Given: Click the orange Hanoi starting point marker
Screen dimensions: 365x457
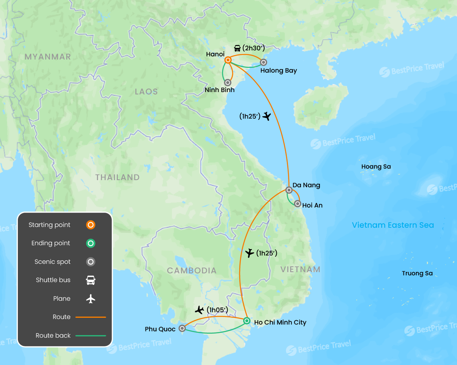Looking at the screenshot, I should (228, 60).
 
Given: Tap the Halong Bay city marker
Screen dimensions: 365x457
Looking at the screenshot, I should (263, 62).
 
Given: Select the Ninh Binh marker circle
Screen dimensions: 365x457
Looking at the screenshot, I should (228, 83).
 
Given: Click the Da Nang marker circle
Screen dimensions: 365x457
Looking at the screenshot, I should (289, 190).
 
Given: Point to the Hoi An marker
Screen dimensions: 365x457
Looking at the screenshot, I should (298, 204).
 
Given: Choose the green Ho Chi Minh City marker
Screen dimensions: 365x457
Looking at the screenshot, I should (247, 321).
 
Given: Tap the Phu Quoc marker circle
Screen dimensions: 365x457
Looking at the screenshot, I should (182, 328).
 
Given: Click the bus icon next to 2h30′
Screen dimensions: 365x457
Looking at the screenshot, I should (237, 48).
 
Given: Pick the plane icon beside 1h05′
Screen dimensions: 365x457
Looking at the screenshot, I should (200, 309).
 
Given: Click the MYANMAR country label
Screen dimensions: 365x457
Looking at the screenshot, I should (48, 57).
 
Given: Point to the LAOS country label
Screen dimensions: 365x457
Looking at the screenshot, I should (146, 92).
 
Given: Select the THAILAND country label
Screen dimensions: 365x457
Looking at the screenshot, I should (117, 177).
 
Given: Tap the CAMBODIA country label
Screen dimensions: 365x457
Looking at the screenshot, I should (192, 271).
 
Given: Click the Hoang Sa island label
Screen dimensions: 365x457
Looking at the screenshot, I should (376, 167).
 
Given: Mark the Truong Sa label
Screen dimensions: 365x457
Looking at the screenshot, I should (417, 273).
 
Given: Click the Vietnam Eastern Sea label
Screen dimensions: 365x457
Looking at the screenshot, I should (393, 225).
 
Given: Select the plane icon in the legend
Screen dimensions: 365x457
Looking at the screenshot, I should (91, 299).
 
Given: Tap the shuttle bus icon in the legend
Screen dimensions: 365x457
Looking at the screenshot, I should (91, 280).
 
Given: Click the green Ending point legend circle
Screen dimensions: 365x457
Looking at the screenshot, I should (91, 243).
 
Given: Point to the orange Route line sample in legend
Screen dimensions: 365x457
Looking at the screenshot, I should (91, 317).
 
